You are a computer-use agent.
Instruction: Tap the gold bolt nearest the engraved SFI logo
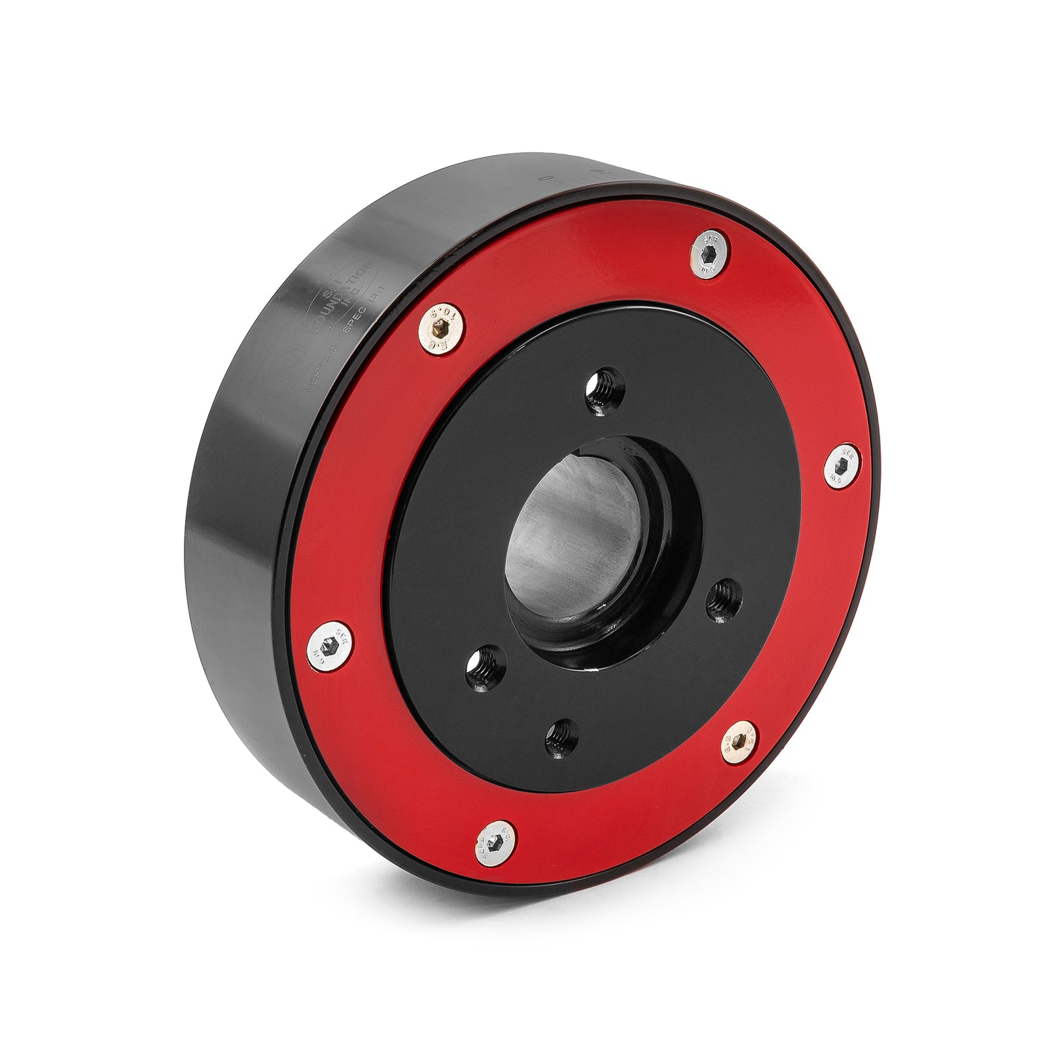[x=442, y=328]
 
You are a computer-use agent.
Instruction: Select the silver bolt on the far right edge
[x=842, y=465]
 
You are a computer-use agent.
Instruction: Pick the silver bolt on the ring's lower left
[x=329, y=645]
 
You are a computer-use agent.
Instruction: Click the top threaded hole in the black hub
[x=605, y=391]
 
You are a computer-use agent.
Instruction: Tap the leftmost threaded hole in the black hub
[x=486, y=668]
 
